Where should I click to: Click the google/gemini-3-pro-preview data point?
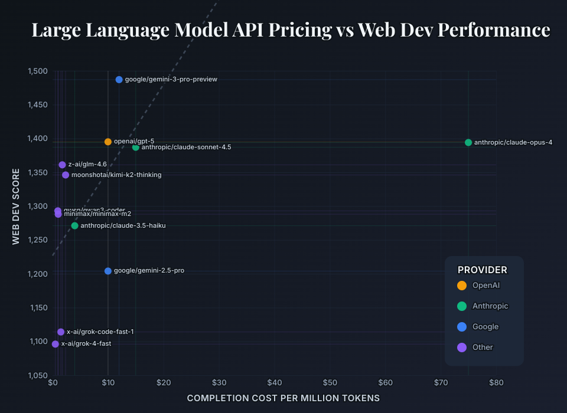coord(119,80)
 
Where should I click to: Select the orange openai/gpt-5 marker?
coord(108,142)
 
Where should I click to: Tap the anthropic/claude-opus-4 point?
coord(468,142)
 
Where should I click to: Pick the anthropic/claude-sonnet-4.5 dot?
coord(136,147)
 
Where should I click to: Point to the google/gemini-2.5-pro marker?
coord(108,271)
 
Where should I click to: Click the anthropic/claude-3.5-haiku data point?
coord(74,226)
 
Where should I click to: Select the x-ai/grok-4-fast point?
coord(56,344)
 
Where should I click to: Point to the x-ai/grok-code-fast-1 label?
coord(100,332)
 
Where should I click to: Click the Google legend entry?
coord(485,327)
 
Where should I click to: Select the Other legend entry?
coord(483,348)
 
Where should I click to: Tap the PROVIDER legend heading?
coord(483,270)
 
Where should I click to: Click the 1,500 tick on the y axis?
coord(37,71)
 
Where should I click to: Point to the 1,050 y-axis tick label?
coord(37,375)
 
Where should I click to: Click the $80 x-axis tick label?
coord(496,384)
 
